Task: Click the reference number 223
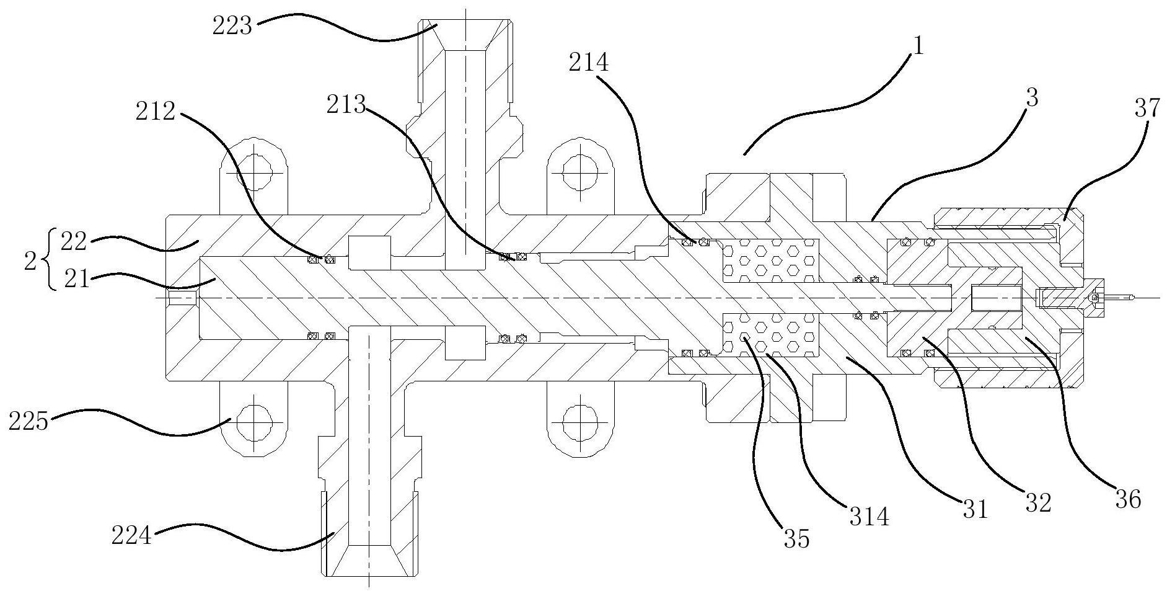click(232, 27)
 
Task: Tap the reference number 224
click(131, 535)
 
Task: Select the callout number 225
click(29, 422)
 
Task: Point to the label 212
click(154, 112)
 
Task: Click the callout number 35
click(796, 539)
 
